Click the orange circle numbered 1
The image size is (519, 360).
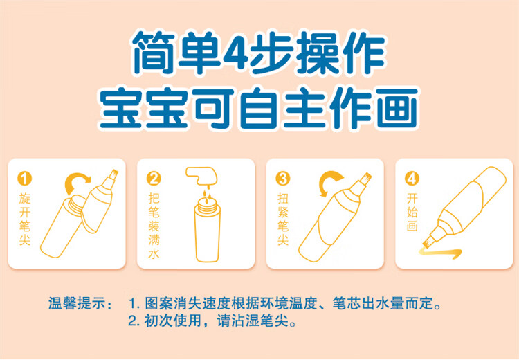(x=24, y=179)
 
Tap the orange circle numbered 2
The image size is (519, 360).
(x=154, y=179)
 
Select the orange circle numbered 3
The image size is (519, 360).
(x=283, y=179)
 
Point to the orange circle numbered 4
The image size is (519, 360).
(x=412, y=179)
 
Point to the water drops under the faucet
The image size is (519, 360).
(x=207, y=195)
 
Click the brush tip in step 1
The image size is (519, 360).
(x=113, y=174)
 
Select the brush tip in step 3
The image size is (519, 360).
(x=366, y=178)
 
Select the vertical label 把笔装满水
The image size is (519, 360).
(x=154, y=226)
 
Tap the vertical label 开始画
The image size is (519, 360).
(x=412, y=212)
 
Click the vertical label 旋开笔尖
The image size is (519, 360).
(x=25, y=219)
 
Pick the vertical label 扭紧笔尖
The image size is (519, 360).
(x=283, y=219)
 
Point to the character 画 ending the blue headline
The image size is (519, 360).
(x=397, y=108)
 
